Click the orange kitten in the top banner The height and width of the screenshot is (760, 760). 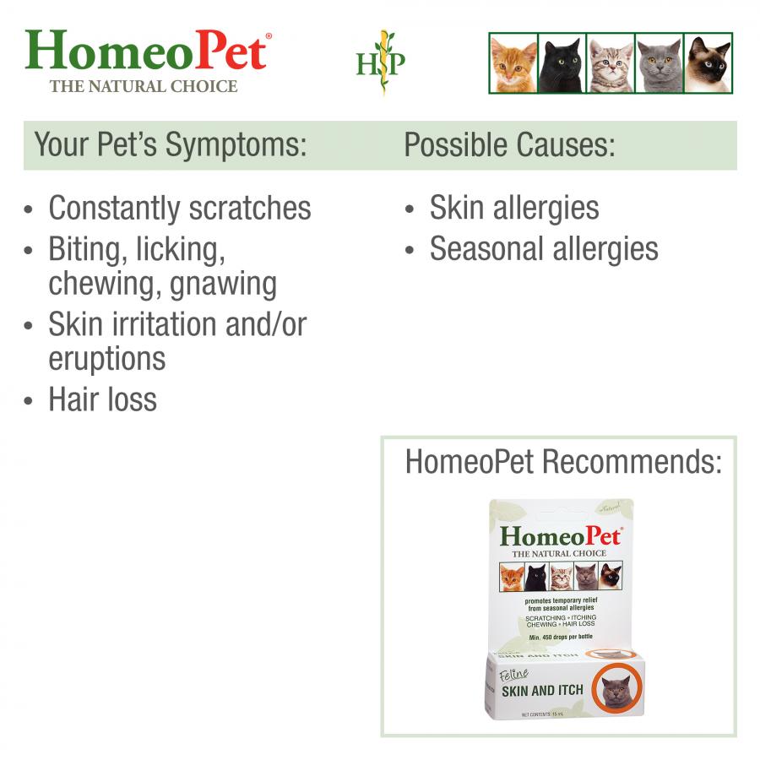pos(513,63)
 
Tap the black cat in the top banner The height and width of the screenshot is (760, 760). pos(561,63)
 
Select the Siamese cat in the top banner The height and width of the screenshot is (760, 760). pos(708,63)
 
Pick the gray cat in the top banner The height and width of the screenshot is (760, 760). pos(659,63)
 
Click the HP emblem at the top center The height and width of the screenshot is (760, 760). pos(380,62)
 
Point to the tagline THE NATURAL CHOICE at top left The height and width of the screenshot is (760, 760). pos(144,86)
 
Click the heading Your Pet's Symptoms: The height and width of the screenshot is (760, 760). pos(170,145)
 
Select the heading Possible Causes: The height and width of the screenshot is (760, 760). pos(509,145)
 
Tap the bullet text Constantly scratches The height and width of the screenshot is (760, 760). pos(180,208)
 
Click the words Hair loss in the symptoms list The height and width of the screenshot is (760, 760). pos(102,399)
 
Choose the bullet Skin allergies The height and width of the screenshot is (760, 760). pos(514,208)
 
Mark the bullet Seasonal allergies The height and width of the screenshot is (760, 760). pos(544,249)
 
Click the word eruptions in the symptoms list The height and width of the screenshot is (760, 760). pos(106,358)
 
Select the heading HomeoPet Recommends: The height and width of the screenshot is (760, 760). pos(563,462)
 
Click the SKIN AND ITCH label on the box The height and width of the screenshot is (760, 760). pos(542,690)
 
